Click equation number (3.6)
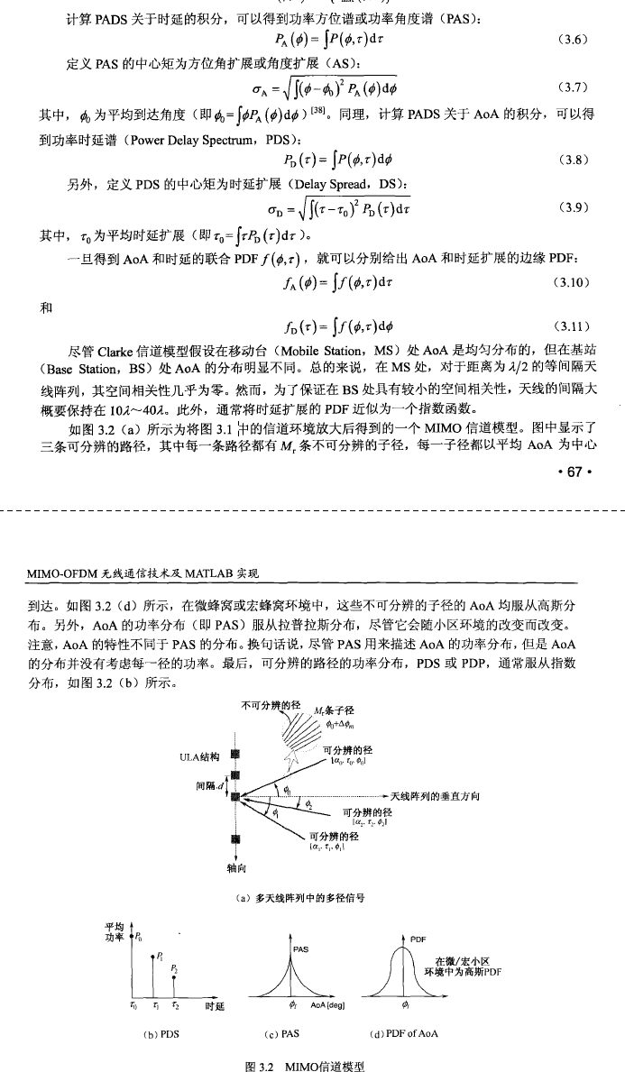point(574,40)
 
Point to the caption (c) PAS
point(290,1033)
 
